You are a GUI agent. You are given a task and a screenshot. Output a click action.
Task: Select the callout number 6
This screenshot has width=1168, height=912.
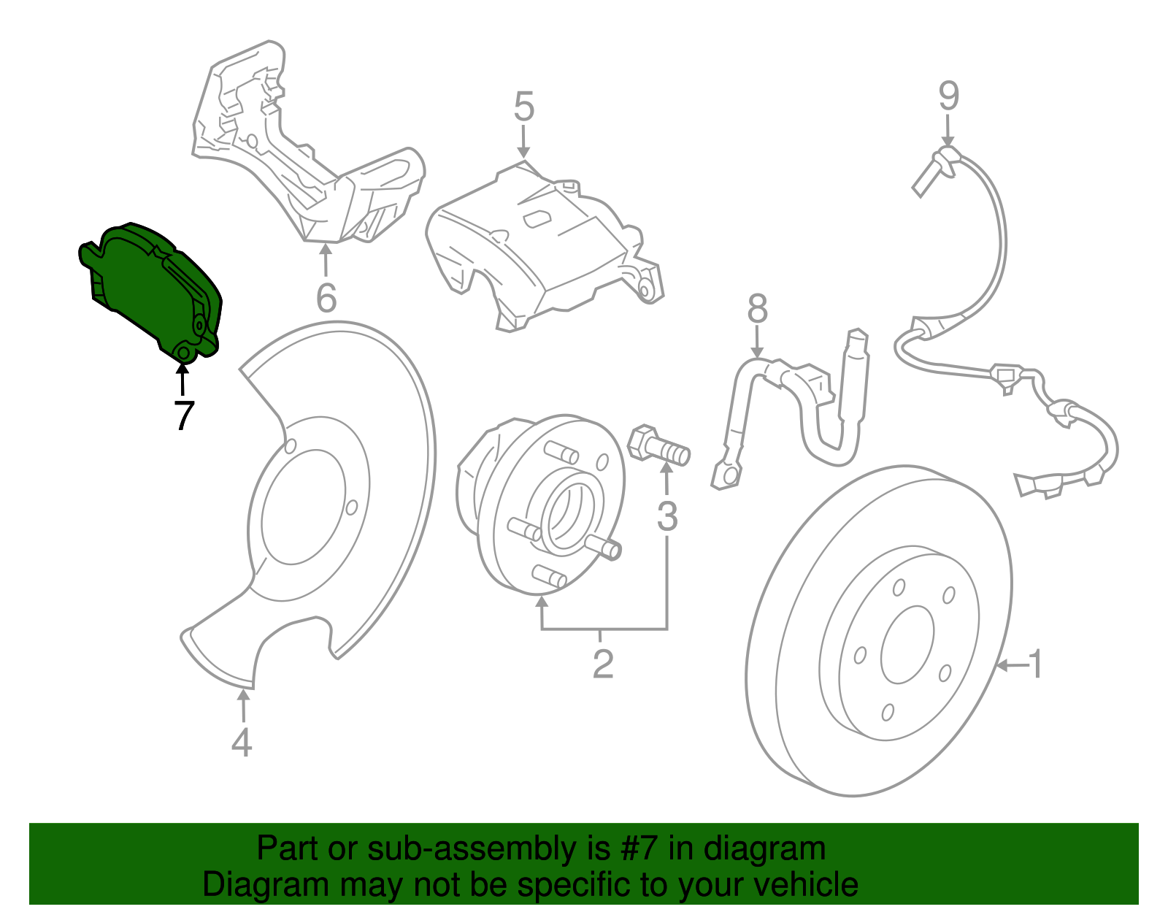326,298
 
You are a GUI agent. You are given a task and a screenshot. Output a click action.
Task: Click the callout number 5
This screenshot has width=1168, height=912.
523,107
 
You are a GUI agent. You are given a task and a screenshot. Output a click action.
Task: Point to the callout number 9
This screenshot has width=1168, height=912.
948,96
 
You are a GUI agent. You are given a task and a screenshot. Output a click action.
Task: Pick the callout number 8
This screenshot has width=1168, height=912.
758,309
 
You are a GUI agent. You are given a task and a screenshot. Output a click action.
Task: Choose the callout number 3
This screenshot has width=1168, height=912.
667,516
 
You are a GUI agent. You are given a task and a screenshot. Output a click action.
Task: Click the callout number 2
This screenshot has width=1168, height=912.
602,664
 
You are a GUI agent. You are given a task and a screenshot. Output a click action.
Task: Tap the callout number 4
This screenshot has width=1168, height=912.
242,743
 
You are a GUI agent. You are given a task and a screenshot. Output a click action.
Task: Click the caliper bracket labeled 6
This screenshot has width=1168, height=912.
307,146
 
